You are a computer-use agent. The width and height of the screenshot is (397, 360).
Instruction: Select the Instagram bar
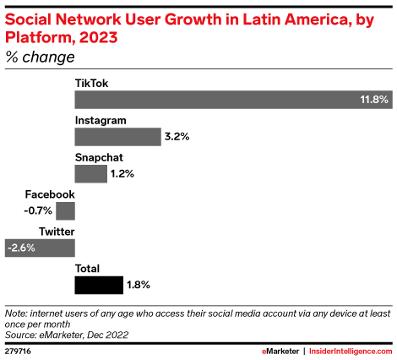point(117,136)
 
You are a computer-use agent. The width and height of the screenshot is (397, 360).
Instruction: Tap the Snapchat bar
point(90,173)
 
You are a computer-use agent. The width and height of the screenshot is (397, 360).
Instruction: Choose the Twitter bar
point(40,248)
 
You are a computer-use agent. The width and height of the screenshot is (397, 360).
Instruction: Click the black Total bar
point(99,285)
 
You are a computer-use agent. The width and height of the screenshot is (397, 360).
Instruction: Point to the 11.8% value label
point(373,100)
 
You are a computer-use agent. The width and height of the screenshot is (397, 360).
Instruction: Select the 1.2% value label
point(123,173)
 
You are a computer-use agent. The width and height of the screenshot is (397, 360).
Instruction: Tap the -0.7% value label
point(39,210)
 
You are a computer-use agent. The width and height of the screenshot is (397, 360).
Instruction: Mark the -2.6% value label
point(20,248)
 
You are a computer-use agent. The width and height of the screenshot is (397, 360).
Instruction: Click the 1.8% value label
point(139,285)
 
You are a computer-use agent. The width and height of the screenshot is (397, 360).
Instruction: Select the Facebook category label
point(50,194)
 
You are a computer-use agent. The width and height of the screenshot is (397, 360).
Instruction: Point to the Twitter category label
point(57,232)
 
